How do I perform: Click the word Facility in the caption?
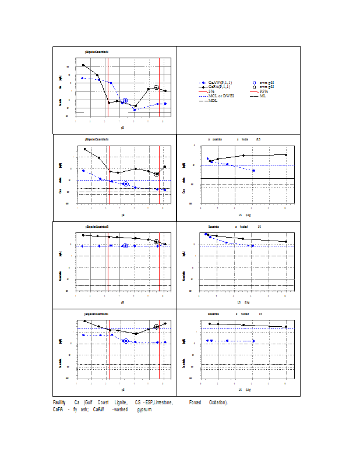[59, 403]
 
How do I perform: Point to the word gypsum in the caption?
[144, 409]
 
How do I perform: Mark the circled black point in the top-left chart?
[156, 87]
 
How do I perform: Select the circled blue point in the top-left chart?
[125, 101]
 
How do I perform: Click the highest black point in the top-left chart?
[83, 65]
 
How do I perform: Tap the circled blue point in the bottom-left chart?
[126, 341]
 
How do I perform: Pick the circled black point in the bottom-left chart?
[157, 327]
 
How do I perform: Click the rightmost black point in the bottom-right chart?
[286, 327]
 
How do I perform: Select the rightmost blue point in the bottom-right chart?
[253, 341]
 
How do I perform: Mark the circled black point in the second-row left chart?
[156, 174]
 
